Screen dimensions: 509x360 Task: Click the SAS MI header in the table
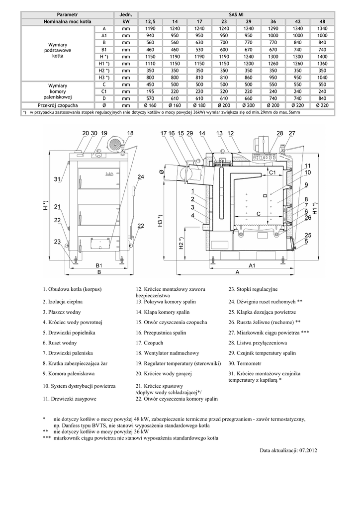click(236, 15)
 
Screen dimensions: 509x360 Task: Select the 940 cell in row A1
click(150, 36)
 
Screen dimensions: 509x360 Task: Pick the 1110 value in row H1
click(150, 64)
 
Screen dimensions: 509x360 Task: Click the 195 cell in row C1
click(150, 91)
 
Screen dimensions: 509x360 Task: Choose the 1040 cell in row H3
click(322, 78)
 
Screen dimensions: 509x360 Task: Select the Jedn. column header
click(125, 15)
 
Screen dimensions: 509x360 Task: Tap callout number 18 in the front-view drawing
click(130, 133)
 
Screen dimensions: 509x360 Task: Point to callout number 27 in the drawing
click(292, 133)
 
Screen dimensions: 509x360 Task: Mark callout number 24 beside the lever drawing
click(141, 177)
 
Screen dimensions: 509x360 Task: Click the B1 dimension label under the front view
click(99, 265)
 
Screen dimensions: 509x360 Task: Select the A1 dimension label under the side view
click(252, 265)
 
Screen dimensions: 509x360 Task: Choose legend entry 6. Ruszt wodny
click(59, 343)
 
